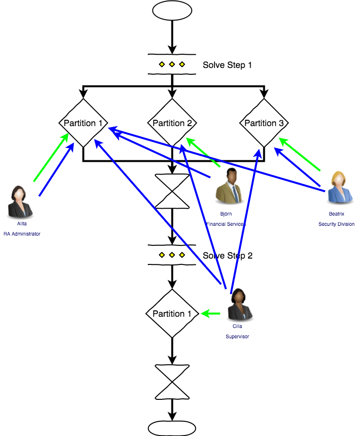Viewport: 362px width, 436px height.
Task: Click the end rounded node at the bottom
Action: click(x=171, y=427)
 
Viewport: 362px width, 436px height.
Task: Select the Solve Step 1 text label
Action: click(x=227, y=65)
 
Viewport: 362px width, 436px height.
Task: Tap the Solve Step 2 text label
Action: click(x=227, y=256)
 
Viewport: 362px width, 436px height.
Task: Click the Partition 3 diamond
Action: click(x=264, y=123)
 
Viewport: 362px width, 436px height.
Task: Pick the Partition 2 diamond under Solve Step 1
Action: click(x=172, y=123)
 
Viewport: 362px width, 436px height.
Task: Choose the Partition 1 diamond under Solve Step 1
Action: click(x=83, y=123)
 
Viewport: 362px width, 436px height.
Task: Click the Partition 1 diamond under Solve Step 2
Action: click(x=172, y=313)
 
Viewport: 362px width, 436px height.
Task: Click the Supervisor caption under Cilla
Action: click(x=237, y=336)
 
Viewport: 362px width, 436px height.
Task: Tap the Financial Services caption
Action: click(x=226, y=224)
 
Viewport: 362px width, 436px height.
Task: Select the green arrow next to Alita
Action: click(x=51, y=157)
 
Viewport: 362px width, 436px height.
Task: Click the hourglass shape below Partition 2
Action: click(x=171, y=191)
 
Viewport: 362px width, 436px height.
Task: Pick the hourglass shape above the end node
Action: click(x=171, y=381)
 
